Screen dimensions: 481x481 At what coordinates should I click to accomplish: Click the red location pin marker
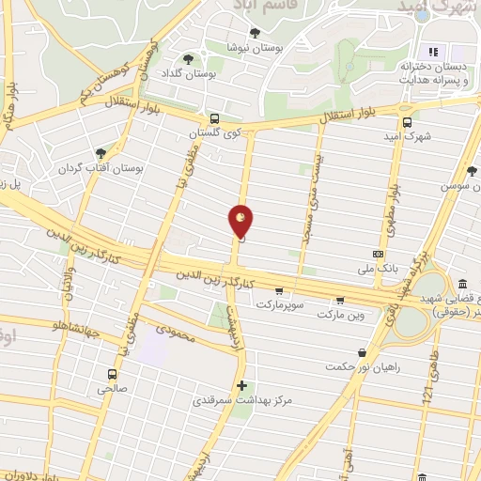tap(241, 220)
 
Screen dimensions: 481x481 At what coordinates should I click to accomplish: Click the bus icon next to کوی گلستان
tap(216, 118)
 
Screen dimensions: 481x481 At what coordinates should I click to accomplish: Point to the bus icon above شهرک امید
tap(407, 120)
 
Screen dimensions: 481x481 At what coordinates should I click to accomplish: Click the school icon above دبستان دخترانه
tap(433, 51)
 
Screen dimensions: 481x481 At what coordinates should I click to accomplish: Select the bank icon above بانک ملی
tap(378, 254)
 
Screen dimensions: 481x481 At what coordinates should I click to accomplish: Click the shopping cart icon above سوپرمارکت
tap(278, 290)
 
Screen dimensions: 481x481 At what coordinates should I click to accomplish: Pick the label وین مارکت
tap(339, 315)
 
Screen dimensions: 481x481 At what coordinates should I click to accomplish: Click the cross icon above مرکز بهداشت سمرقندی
tap(242, 385)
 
